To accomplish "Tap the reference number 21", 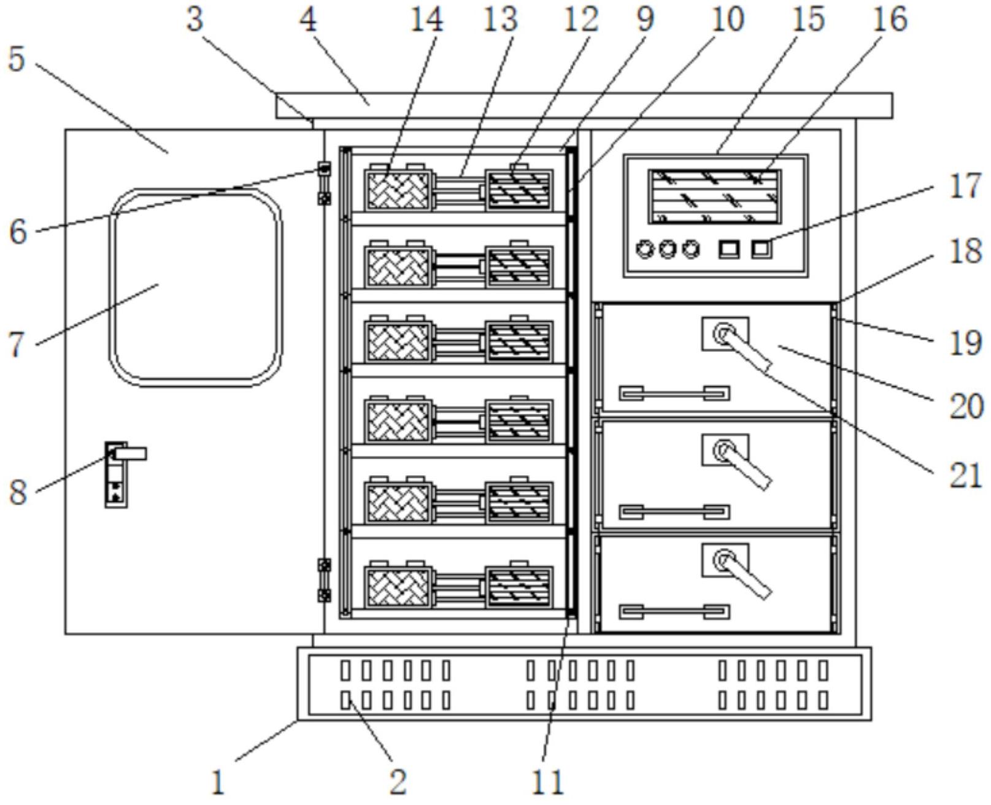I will coord(965,475).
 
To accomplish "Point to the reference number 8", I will coord(18,492).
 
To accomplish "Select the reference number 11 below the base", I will coord(547,782).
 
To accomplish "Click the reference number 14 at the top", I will coord(426,20).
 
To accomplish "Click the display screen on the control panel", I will coord(715,196).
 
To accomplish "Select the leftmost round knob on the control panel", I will coord(646,250).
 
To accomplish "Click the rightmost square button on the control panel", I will coord(762,250).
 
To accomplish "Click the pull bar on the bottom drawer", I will coord(674,611).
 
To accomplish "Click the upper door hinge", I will coord(324,183).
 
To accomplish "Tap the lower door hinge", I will coord(324,579).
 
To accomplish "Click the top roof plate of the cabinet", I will coord(583,105).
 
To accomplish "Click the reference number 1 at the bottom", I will coord(218,782).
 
